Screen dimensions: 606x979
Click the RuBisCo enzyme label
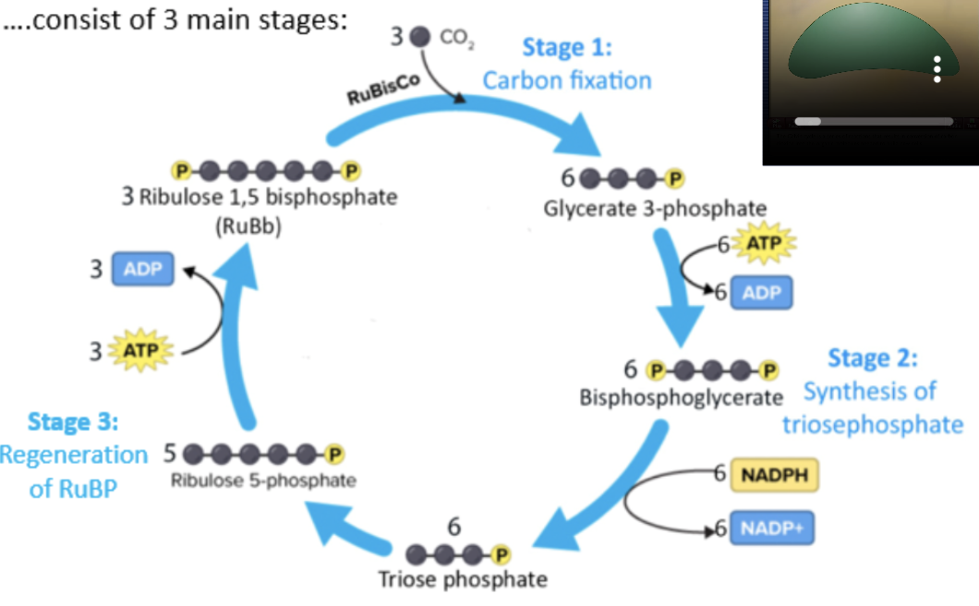381,90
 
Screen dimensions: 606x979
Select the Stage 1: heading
567,47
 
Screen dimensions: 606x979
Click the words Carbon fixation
567,80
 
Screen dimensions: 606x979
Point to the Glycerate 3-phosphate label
655,208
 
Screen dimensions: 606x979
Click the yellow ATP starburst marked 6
763,245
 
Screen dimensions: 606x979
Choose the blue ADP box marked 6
762,292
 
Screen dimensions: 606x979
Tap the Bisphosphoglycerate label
682,398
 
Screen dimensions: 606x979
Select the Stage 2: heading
873,358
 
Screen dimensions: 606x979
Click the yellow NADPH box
774,475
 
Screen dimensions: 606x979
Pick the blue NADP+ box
774,529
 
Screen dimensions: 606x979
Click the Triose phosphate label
463,580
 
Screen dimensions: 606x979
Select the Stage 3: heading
73,422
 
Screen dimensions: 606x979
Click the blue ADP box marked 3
142,270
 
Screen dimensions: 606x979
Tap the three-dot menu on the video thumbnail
937,68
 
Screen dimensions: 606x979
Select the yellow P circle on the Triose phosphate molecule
502,554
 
